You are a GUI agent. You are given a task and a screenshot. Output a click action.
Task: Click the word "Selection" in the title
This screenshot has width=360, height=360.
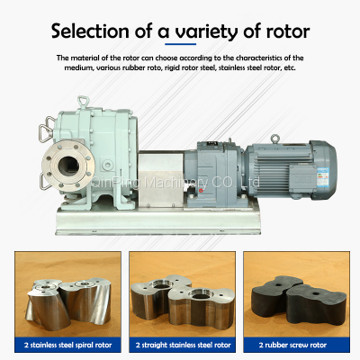91,31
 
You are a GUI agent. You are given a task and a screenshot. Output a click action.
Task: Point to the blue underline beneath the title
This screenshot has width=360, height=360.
180,48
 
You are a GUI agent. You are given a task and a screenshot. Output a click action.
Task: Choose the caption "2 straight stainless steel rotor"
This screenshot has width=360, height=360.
180,342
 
